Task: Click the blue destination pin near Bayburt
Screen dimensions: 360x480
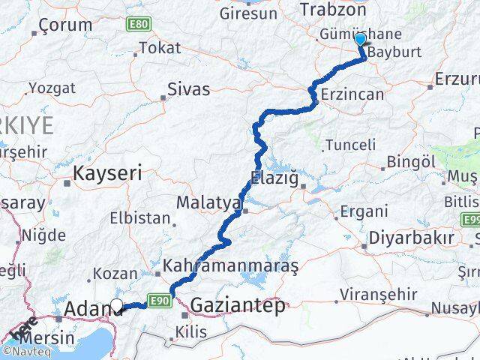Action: tap(360, 40)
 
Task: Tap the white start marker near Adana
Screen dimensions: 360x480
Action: tap(117, 305)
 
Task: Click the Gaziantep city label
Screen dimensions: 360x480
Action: tap(238, 305)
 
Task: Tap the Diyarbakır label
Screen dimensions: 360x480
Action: tap(411, 239)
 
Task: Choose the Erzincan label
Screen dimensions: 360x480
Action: tap(352, 94)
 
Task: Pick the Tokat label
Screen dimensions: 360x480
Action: tap(160, 48)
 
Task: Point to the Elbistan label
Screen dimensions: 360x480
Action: tap(141, 220)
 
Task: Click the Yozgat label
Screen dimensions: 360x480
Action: tap(52, 88)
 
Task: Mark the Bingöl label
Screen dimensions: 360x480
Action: tap(411, 162)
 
